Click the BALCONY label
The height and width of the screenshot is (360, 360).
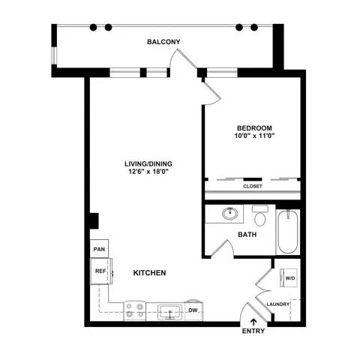point(164,42)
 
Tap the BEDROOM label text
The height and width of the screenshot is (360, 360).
point(254,127)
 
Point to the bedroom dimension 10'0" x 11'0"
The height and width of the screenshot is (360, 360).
point(254,136)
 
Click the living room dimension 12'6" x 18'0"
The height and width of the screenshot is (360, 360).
point(146,171)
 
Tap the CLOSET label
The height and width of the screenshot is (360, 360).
point(252,186)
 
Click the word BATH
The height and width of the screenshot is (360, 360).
point(247,235)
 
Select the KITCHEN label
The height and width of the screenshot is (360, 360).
point(149,273)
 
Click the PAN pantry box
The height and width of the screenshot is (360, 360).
point(98,249)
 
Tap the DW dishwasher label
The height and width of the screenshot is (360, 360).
point(193,310)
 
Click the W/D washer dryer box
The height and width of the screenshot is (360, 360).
point(289,279)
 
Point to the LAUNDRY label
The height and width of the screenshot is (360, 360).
point(278,304)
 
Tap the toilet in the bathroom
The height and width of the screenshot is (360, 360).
point(260,217)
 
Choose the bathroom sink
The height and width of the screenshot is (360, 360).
point(231,215)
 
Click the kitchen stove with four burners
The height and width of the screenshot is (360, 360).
point(136,310)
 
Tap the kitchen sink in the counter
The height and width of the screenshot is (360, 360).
point(169,310)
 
